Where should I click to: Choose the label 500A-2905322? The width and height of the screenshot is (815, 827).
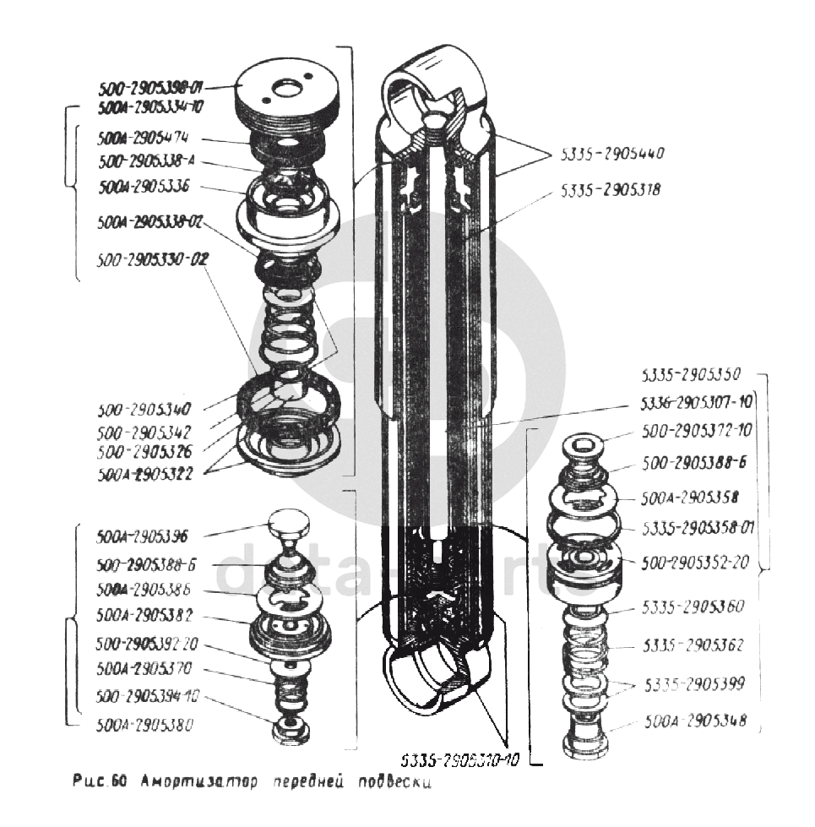coord(144,474)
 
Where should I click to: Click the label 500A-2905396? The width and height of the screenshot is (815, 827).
coord(142,536)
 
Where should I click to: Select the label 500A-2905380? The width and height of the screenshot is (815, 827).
coord(144,723)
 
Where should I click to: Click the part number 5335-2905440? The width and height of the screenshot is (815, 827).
coord(612,155)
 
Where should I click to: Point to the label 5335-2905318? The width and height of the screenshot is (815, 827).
coord(610,191)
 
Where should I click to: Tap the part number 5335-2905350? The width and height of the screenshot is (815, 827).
coord(691,375)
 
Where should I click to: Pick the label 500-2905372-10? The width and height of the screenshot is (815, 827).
coord(697,431)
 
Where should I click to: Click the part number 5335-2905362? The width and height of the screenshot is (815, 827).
coord(693,646)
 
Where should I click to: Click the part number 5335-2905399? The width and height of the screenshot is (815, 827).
coord(694,683)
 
